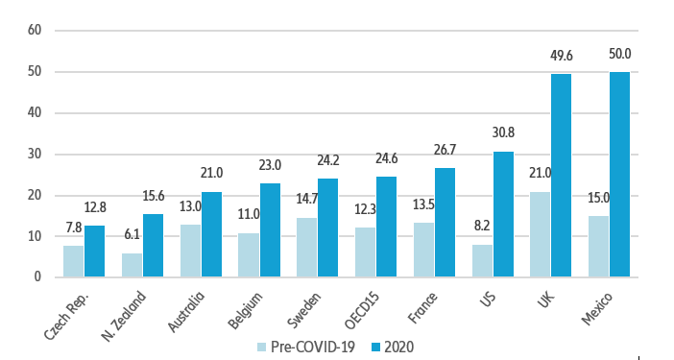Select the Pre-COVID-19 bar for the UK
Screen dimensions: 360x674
(540, 234)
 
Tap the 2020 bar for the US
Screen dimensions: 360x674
(504, 214)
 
